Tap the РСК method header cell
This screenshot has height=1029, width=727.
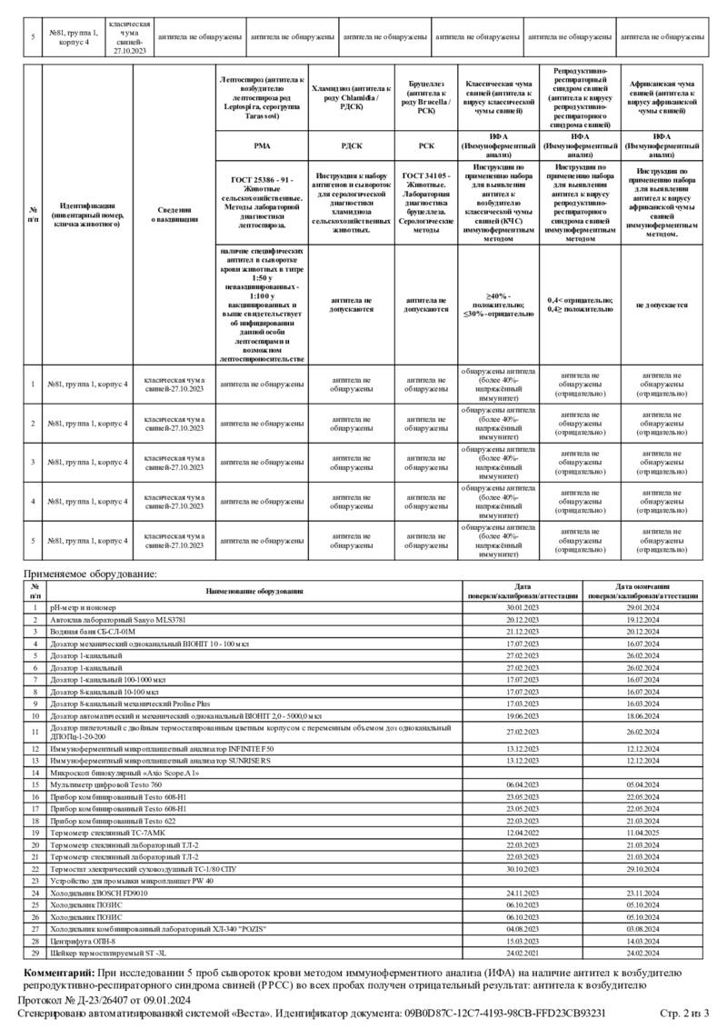click(x=426, y=144)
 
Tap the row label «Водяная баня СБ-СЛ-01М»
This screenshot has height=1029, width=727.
click(x=93, y=630)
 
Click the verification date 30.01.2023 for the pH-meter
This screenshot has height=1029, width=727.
click(x=523, y=606)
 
